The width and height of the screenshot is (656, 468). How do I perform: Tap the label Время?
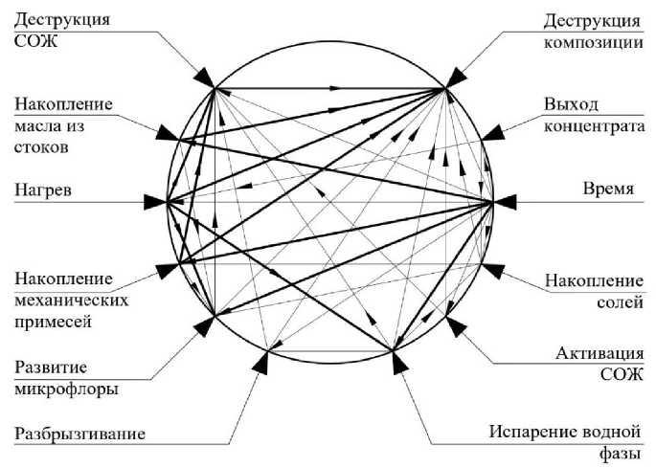coord(609,189)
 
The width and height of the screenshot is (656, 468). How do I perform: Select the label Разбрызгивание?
coord(79,434)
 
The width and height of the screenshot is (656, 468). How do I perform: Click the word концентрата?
coord(589,124)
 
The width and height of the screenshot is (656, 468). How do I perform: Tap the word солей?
coord(618,303)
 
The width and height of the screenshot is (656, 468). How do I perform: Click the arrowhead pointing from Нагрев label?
coord(154,202)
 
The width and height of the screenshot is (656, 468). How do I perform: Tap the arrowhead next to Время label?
coord(504,201)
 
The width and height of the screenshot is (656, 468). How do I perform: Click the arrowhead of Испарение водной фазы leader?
coord(398,361)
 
